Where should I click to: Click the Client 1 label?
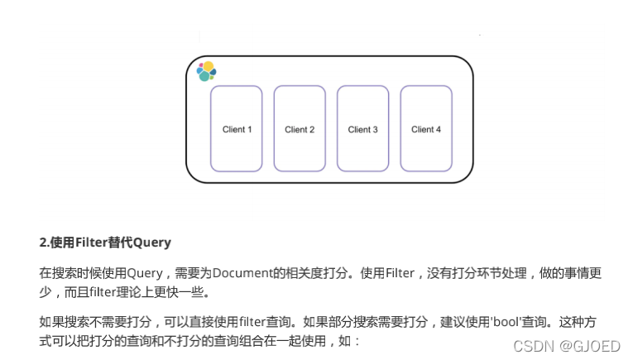(237, 129)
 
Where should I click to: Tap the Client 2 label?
(300, 129)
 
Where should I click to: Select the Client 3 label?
(362, 129)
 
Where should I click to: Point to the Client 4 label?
(426, 129)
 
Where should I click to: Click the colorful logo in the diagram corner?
(206, 71)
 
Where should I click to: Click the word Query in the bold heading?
(151, 242)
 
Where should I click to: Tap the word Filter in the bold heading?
(91, 242)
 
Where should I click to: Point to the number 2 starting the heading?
(42, 242)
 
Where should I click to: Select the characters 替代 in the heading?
(119, 242)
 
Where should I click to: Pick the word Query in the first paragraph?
(144, 272)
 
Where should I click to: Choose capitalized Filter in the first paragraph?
(401, 272)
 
